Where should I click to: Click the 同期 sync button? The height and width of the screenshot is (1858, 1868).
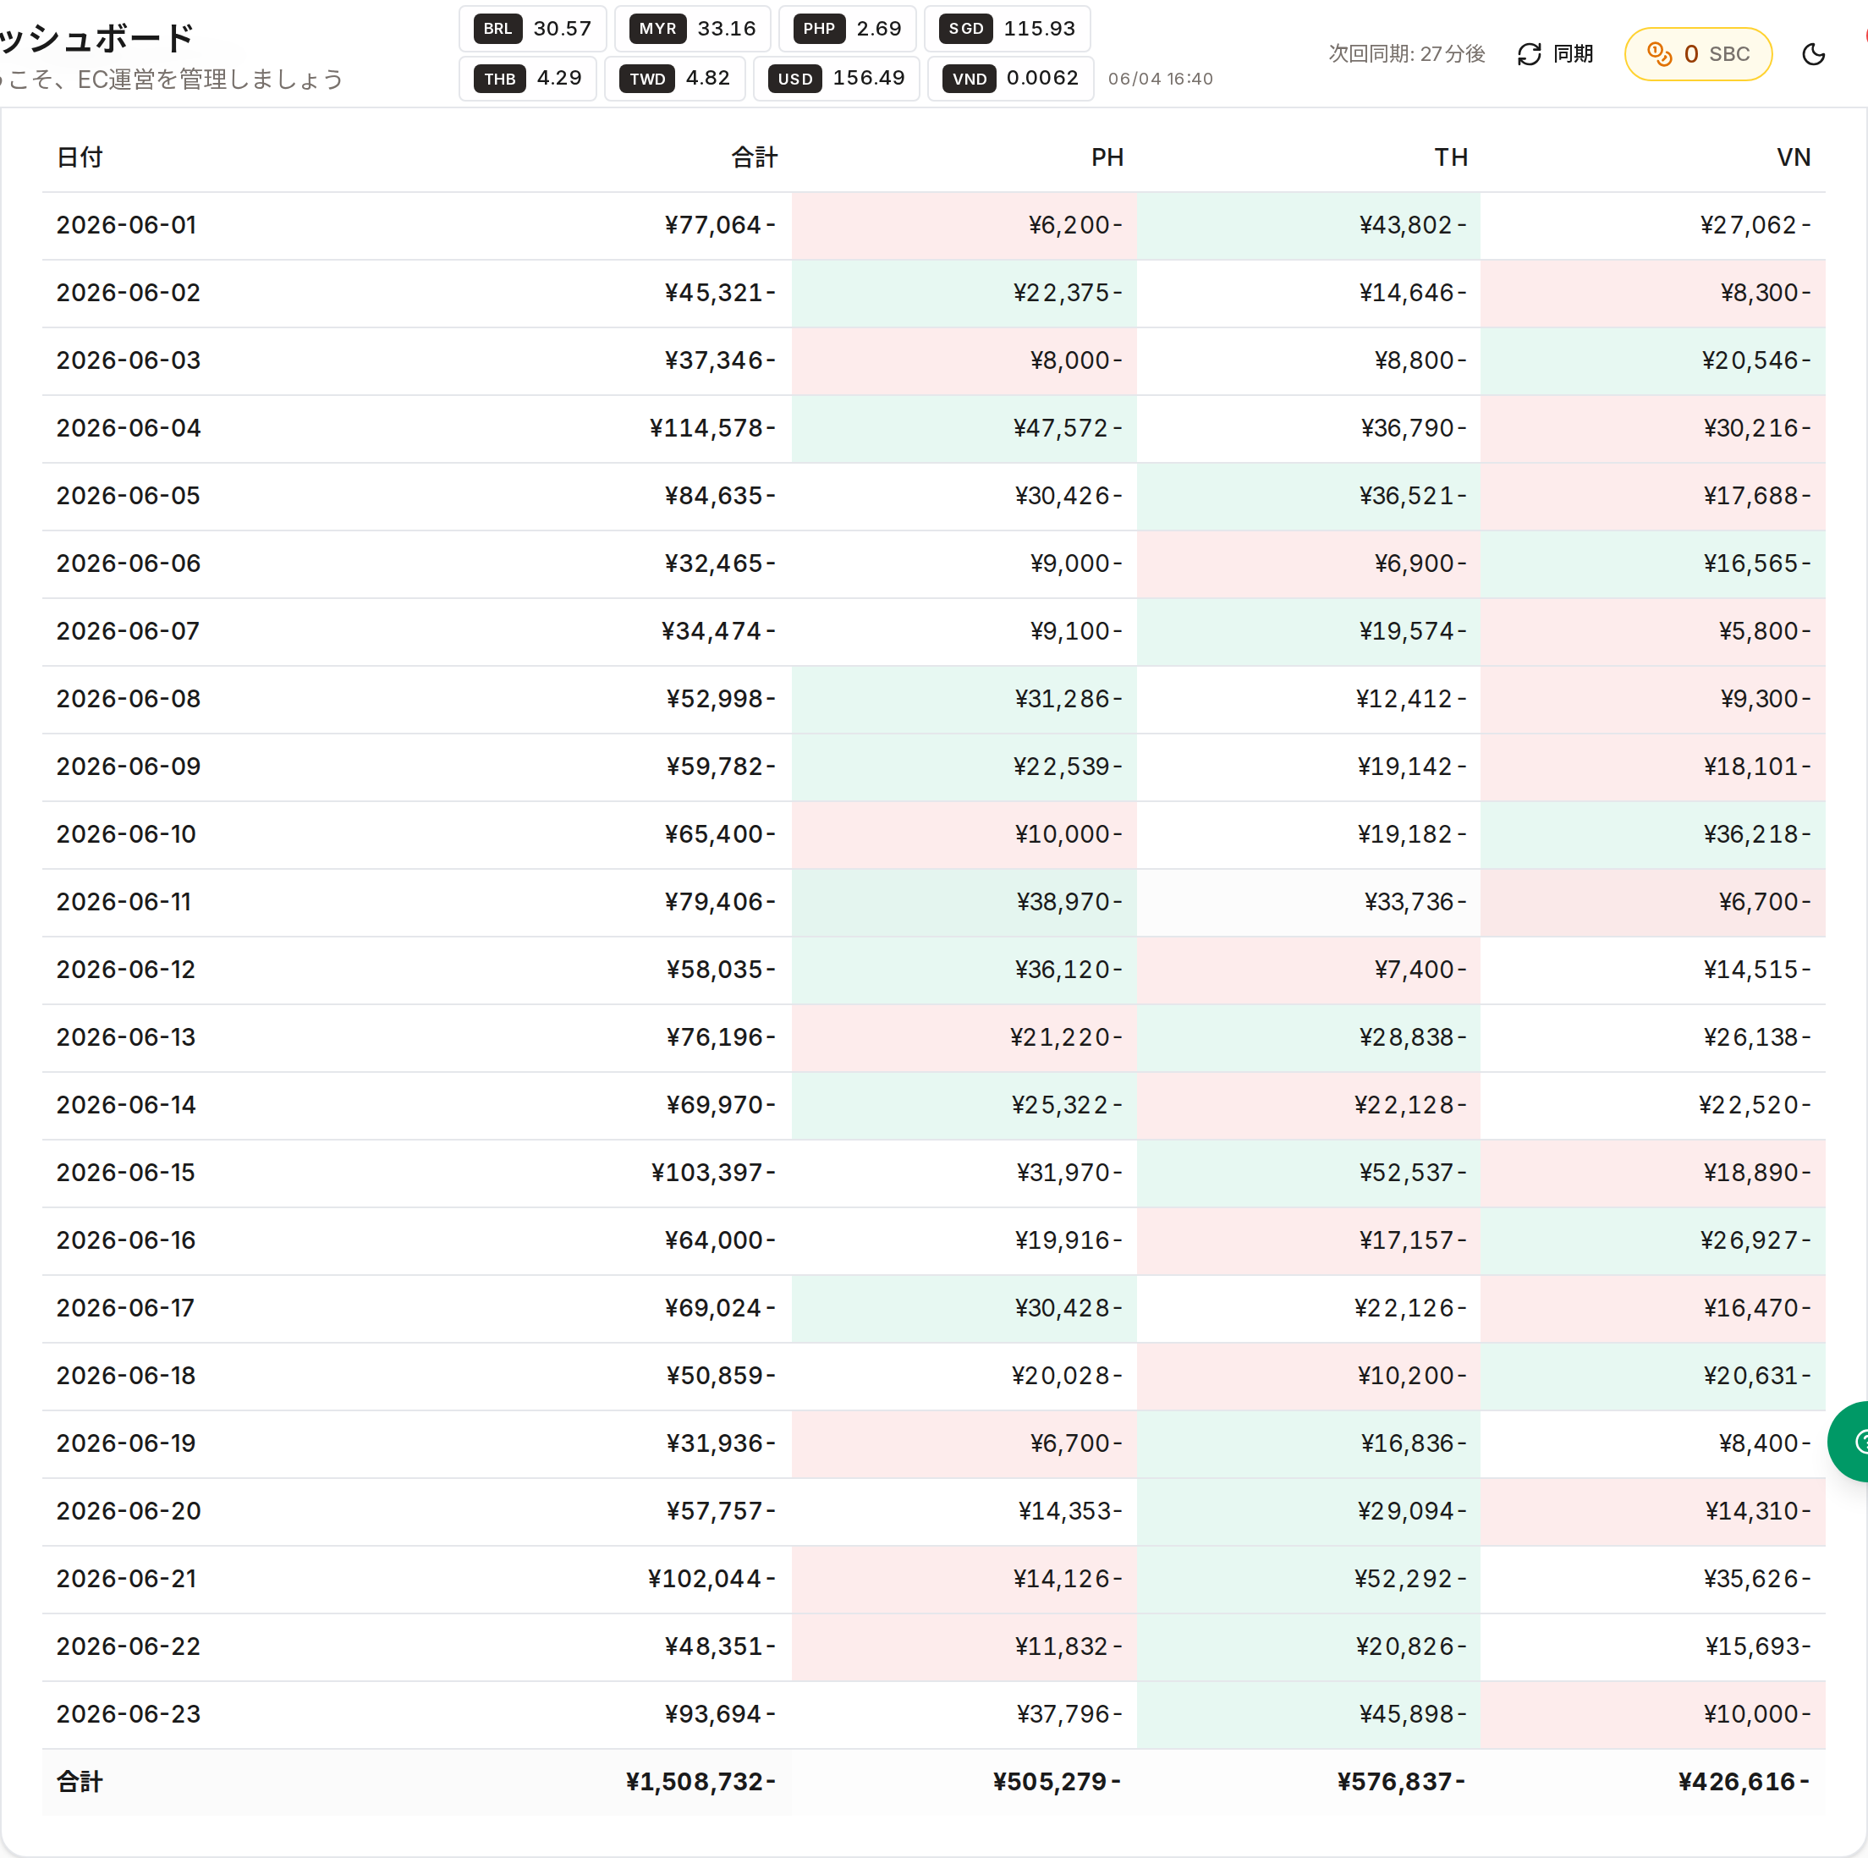point(1555,54)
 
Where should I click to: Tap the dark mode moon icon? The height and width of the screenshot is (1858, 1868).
point(1814,54)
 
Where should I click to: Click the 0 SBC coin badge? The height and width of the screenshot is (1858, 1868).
point(1698,54)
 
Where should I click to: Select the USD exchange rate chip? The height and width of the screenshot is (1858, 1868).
point(837,79)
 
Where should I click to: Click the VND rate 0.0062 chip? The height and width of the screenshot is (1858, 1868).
point(1010,79)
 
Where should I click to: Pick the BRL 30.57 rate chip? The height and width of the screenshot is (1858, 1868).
point(533,29)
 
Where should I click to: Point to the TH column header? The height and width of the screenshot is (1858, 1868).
point(1450,157)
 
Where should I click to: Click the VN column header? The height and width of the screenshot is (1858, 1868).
point(1794,157)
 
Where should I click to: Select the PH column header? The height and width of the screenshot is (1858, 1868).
point(1107,157)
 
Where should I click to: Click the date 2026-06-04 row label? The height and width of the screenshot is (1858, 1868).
point(129,428)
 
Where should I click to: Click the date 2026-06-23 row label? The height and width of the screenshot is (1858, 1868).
point(129,1714)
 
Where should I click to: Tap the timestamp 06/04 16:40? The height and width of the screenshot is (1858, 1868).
point(1160,79)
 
